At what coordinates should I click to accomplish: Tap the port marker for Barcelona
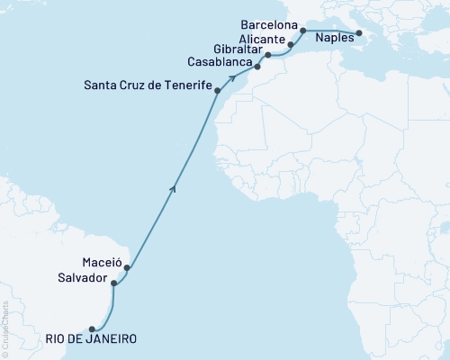(x=303, y=31)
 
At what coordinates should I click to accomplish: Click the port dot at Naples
(x=359, y=34)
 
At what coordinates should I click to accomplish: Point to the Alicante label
(x=262, y=40)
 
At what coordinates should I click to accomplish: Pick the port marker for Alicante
(x=291, y=43)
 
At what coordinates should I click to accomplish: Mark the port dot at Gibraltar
(x=268, y=55)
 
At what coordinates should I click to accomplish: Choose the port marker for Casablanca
(x=258, y=67)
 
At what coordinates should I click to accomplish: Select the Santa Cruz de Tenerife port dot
(x=218, y=91)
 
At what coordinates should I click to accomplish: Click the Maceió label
(x=102, y=262)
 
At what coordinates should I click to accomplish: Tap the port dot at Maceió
(x=128, y=267)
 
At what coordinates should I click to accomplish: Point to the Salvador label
(x=85, y=278)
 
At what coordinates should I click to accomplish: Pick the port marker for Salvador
(x=113, y=283)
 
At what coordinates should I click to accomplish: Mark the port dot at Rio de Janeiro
(x=92, y=328)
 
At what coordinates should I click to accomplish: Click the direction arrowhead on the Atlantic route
(x=173, y=187)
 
